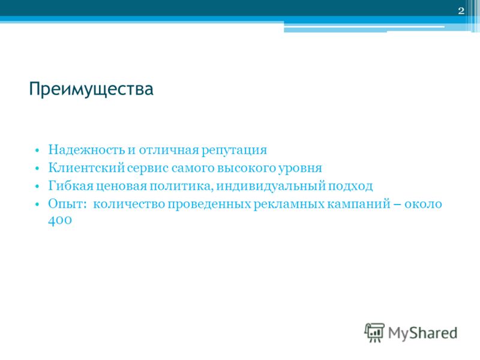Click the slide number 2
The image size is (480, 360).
[461, 11]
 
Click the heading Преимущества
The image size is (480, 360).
[91, 89]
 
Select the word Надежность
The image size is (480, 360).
[86, 150]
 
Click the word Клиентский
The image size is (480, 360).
[86, 168]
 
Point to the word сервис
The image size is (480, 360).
[148, 169]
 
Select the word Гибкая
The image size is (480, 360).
[71, 186]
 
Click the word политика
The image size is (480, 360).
[181, 187]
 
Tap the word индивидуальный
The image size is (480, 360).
[271, 186]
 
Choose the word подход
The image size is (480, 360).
[350, 187]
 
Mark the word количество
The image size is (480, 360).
[129, 204]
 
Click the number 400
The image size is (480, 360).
[60, 220]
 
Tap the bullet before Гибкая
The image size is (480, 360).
[37, 187]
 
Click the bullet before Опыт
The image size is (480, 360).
[37, 204]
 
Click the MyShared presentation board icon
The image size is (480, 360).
[374, 333]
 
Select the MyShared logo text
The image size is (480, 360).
[423, 333]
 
